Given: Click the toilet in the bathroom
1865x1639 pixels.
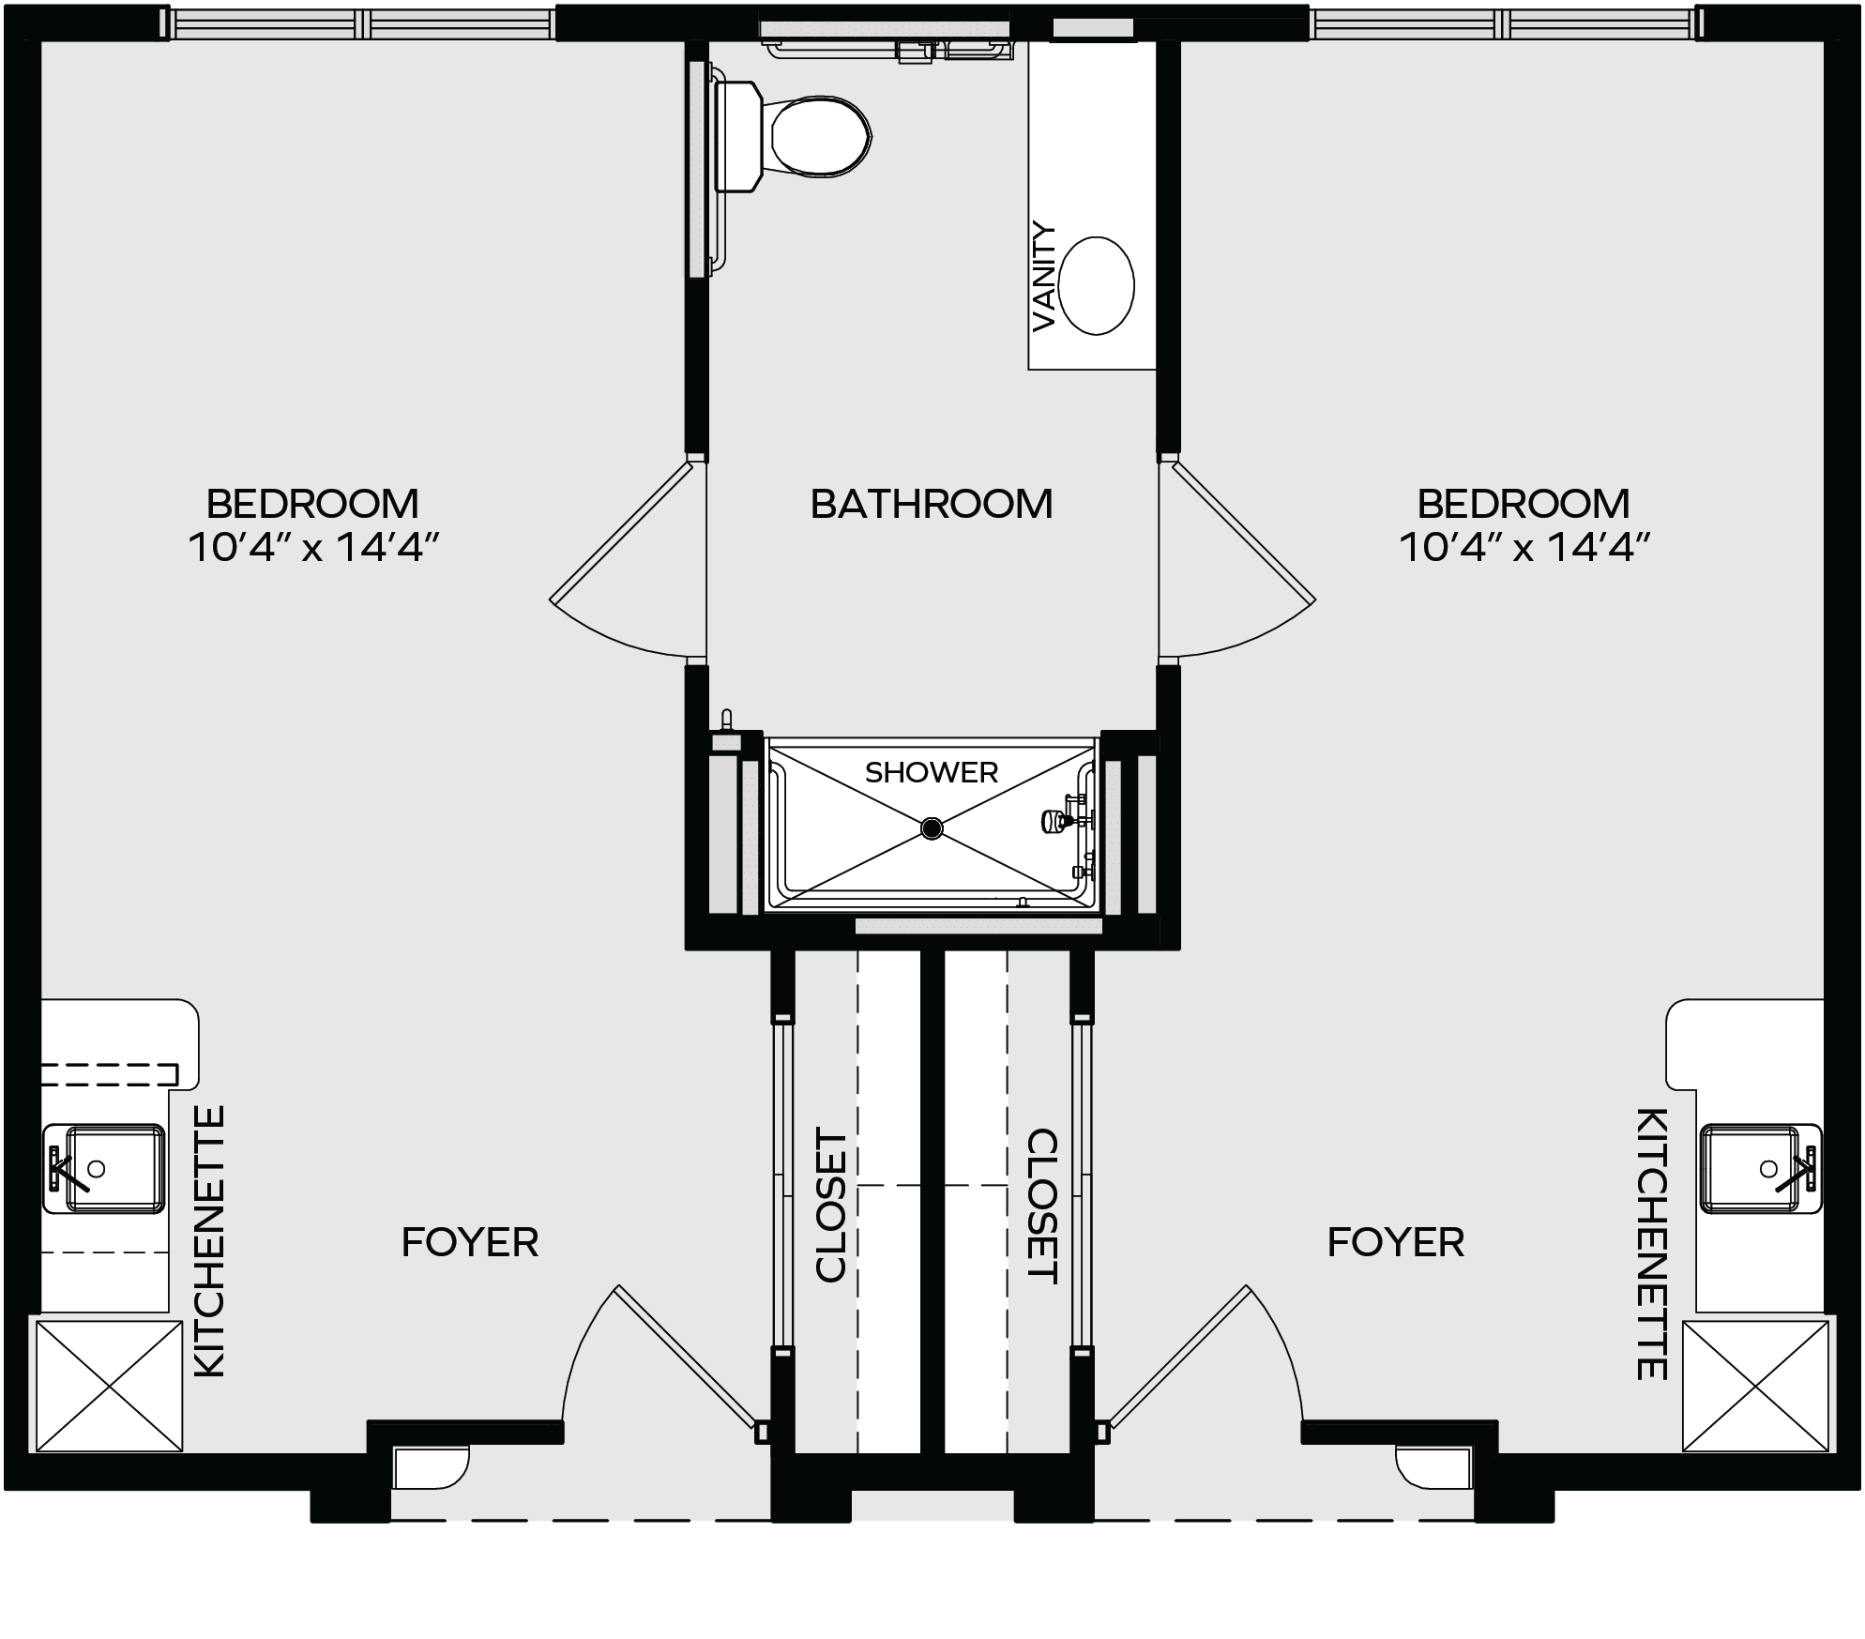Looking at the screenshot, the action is pos(793,137).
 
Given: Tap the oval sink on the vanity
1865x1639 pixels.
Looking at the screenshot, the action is pos(1096,285).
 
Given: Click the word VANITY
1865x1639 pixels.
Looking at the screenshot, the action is pos(1044,277).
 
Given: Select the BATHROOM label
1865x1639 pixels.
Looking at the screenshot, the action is pos(932,504).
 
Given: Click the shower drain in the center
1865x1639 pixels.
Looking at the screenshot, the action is pos(932,827).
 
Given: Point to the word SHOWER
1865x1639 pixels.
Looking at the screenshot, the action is pos(932,772).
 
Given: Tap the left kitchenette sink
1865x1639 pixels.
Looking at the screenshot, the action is pos(103,1168).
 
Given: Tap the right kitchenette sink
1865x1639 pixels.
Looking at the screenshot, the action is pos(1761,1168).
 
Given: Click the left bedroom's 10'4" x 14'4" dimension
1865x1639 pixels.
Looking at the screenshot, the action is pos(314,546).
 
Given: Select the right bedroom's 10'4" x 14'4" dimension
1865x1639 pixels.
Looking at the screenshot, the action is pos(1524,546).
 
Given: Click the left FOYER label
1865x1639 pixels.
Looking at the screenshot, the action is pos(470,1242).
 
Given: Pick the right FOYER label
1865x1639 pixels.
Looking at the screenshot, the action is pos(1396,1242).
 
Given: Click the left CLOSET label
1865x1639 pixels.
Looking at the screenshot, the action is pos(831,1206).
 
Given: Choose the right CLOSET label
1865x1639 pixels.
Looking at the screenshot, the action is pos(1043,1206).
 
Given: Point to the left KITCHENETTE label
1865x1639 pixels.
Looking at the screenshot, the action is pos(209,1241).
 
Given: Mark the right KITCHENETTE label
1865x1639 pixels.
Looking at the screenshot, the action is pos(1652,1244).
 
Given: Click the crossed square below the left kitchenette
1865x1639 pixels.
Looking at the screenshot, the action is pos(109,1386).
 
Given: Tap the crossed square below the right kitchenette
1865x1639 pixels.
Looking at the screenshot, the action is pos(1756,1386).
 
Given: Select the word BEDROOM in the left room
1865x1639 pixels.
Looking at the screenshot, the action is pos(312,504).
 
